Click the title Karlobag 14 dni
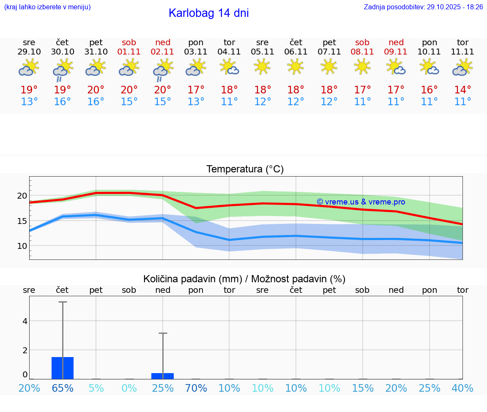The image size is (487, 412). [208, 13]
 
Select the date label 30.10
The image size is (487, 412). [63, 52]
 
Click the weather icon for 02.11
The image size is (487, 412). [163, 70]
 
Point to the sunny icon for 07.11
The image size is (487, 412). [329, 66]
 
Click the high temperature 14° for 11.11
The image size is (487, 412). [462, 90]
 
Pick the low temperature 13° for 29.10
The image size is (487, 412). [29, 102]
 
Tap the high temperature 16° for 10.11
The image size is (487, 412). [430, 90]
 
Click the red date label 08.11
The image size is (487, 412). [362, 52]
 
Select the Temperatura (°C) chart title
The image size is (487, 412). [245, 169]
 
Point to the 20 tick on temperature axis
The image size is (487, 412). [22, 196]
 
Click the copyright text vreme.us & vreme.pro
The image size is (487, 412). [361, 202]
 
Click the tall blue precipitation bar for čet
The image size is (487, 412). [63, 368]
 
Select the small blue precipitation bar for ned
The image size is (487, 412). [163, 376]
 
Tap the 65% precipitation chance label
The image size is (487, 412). [63, 388]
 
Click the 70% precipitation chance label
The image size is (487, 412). [196, 388]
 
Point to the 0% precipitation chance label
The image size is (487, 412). [129, 388]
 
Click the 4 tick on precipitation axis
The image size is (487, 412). [25, 321]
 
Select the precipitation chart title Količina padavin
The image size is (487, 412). [244, 279]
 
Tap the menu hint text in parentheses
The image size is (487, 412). [47, 7]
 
